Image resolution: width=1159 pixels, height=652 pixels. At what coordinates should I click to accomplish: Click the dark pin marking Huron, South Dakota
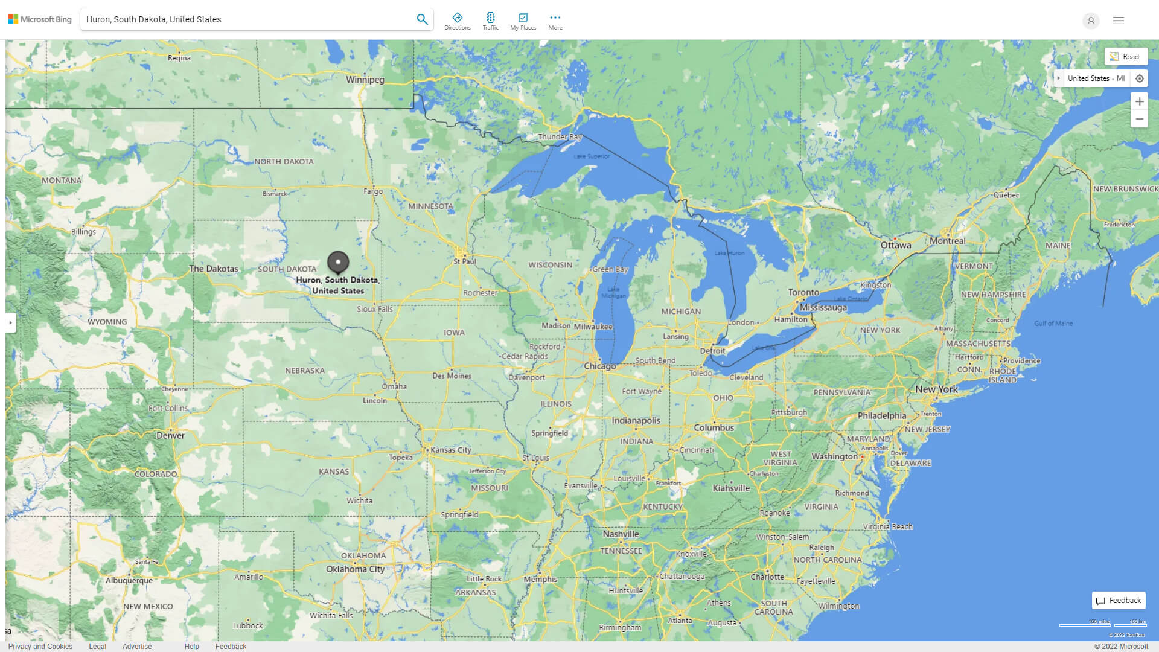338,262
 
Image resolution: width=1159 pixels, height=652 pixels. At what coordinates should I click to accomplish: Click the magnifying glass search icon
422,19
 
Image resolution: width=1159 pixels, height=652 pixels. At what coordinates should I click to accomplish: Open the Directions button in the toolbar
457,21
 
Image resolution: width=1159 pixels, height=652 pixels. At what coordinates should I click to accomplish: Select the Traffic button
490,21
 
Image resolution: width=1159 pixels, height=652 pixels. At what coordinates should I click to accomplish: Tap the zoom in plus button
1139,101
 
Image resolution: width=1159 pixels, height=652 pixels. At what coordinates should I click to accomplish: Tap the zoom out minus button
1139,119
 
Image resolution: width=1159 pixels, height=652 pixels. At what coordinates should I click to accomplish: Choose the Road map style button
1126,57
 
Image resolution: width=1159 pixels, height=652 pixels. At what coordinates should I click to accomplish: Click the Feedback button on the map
1119,601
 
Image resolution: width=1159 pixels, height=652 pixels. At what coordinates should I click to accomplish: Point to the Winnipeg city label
365,80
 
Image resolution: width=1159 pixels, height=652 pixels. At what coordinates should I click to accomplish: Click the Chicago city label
599,366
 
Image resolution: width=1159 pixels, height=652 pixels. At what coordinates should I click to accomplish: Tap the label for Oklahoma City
355,569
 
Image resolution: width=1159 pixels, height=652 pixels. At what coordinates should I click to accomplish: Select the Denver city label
170,435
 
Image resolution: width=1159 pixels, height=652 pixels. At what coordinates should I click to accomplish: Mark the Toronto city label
803,292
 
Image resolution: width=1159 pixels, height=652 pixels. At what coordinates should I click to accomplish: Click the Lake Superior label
592,156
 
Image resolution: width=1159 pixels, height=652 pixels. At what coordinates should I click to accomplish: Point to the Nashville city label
621,534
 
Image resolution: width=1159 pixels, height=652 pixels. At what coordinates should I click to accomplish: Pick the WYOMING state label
107,322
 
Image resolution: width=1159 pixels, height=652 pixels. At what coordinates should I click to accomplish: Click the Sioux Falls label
374,309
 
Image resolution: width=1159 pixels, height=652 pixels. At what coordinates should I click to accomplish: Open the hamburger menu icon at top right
1118,21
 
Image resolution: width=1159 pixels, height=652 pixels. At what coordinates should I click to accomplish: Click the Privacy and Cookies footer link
40,646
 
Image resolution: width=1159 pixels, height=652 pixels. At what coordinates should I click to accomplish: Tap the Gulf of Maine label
1053,324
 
